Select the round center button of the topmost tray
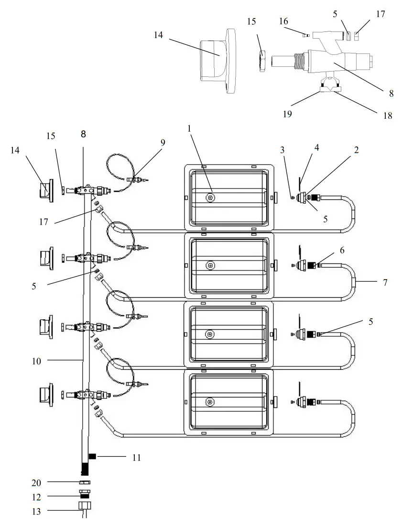[x=210, y=197]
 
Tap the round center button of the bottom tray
[x=210, y=402]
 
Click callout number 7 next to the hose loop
[x=385, y=282]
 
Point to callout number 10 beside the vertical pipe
[x=37, y=361]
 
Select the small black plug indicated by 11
[x=93, y=457]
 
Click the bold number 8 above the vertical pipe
[x=83, y=135]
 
